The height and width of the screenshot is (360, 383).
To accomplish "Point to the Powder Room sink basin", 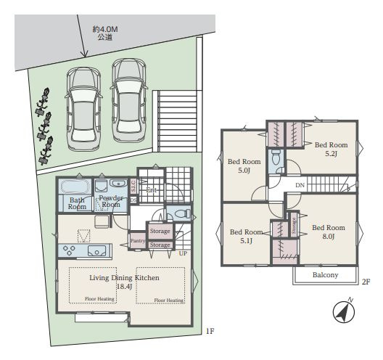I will (x=117, y=185).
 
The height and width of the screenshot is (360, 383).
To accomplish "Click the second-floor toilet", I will (x=275, y=159).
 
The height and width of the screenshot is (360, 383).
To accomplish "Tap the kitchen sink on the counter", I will (x=96, y=251).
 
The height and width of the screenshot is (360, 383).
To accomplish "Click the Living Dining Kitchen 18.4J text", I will (x=124, y=282).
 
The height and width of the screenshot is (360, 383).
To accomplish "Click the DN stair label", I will (x=300, y=185).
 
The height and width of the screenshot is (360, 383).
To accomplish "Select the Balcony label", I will (x=326, y=275).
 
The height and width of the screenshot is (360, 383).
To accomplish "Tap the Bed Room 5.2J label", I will (x=331, y=149).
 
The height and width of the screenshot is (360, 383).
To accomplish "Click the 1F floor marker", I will (x=209, y=332).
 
